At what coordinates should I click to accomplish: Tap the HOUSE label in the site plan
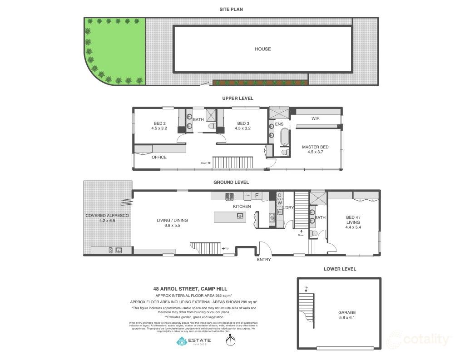(262, 49)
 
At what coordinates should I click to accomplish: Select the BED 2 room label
(159, 126)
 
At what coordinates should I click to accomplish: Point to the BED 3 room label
(242, 126)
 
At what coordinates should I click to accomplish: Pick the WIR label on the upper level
(316, 118)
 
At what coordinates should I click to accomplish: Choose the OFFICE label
(159, 157)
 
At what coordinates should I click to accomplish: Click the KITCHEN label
(242, 207)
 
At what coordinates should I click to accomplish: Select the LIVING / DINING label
(172, 223)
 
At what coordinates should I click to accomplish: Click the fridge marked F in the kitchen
(257, 196)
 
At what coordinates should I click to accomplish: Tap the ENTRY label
(264, 260)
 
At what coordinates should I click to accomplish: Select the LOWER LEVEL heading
(340, 269)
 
